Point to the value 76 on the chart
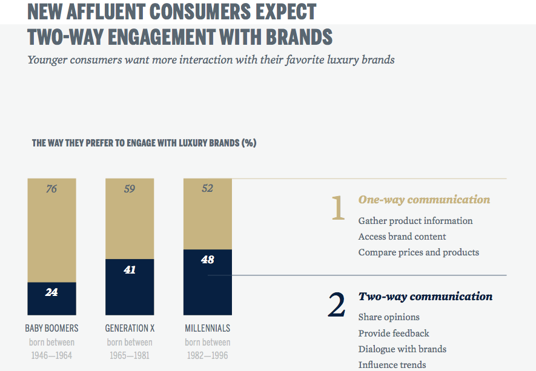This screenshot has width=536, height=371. point(51,189)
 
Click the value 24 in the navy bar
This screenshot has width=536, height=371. point(51,292)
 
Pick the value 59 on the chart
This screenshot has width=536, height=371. point(130,189)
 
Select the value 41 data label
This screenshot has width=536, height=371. point(130,270)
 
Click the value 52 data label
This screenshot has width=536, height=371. point(208,189)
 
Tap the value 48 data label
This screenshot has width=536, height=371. point(208,260)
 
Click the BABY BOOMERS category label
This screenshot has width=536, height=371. point(51,329)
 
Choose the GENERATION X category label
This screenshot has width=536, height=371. point(130,329)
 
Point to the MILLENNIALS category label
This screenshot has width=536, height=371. point(208,329)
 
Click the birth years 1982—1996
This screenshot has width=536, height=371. point(208,355)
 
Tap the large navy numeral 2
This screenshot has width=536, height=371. point(337,306)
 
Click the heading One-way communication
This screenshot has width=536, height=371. point(424,200)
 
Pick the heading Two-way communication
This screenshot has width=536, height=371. point(425,297)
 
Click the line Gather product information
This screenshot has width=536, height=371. point(415,221)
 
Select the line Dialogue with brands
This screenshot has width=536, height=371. point(402,349)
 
